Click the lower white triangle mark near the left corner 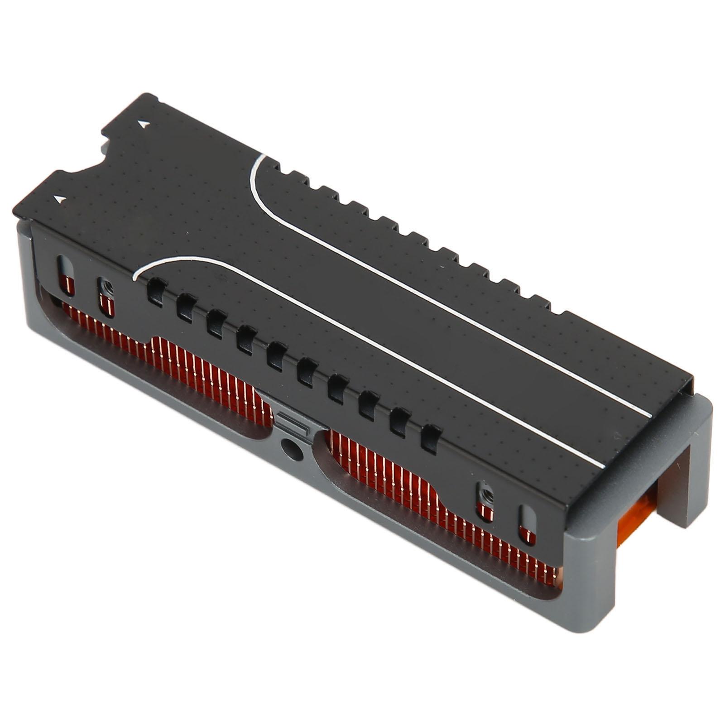tap(58, 199)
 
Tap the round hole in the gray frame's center tap(287, 448)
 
